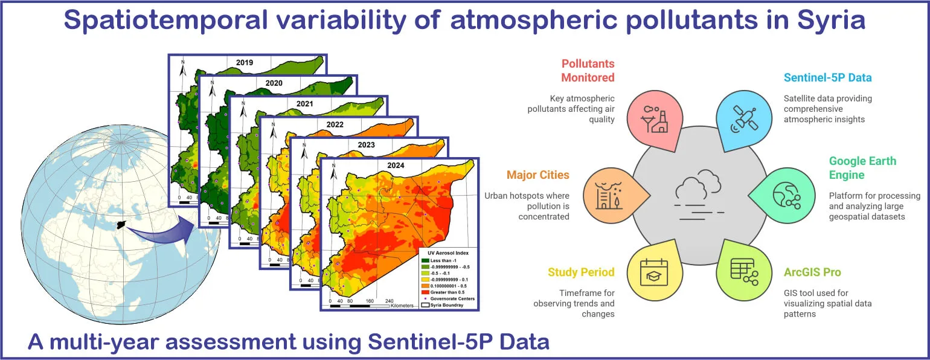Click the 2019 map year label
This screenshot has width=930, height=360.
tap(245, 62)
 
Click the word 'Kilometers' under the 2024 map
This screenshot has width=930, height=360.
tap(402, 306)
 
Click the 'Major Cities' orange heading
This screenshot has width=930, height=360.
tap(537, 175)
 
